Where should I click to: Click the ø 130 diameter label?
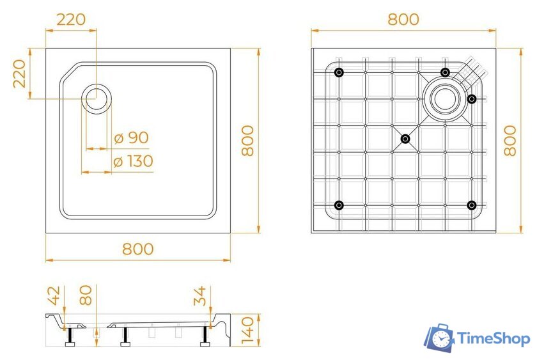(x=133, y=161)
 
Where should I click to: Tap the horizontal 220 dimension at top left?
(x=71, y=19)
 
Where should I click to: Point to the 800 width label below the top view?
(x=138, y=249)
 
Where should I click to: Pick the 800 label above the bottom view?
(x=403, y=19)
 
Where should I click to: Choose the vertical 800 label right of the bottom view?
(x=510, y=141)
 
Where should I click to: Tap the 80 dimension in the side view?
(x=86, y=295)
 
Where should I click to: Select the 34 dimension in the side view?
(x=200, y=296)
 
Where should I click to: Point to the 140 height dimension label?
(x=249, y=330)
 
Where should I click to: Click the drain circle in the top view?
(x=97, y=98)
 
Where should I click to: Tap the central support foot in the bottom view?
(x=405, y=138)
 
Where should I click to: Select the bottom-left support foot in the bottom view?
(x=339, y=205)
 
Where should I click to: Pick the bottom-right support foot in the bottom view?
(x=471, y=205)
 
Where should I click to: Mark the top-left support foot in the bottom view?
(x=339, y=72)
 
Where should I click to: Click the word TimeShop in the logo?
(x=494, y=338)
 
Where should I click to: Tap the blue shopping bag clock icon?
(x=440, y=338)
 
